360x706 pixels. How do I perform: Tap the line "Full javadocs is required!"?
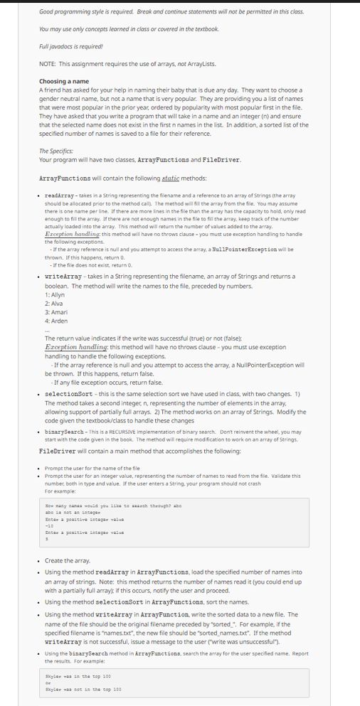(x=63, y=46)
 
